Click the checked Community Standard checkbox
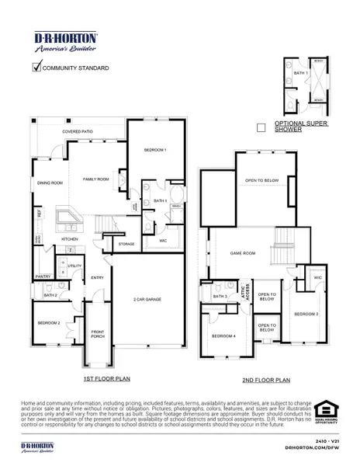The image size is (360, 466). tap(35, 67)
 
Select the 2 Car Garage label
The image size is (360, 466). tap(147, 299)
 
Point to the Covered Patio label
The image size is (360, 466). tap(78, 132)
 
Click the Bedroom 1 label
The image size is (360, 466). tap(155, 148)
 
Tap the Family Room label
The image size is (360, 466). tap(96, 178)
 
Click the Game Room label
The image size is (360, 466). tap(243, 253)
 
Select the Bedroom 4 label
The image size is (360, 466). tap(223, 336)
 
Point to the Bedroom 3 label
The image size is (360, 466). tap(306, 313)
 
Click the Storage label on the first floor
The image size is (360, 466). tap(126, 244)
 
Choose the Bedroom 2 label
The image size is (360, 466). tap(49, 322)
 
